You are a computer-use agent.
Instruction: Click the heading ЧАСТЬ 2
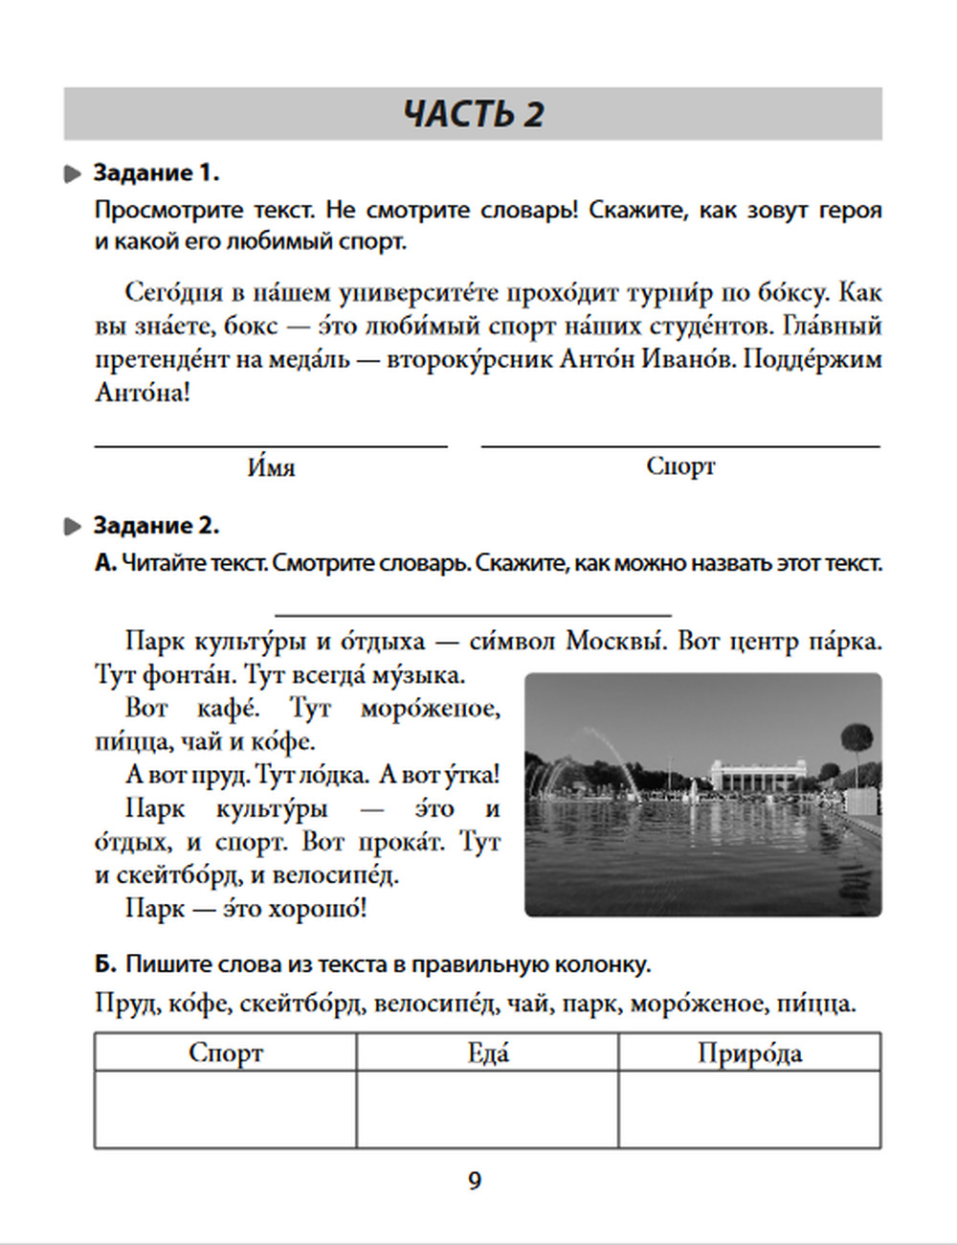[x=473, y=114]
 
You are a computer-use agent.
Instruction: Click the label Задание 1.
[x=156, y=173]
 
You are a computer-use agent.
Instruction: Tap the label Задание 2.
[x=156, y=526]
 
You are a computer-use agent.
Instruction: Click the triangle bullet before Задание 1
[x=73, y=174]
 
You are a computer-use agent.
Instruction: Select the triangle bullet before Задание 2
[x=73, y=527]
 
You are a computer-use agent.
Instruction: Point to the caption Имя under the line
[x=271, y=467]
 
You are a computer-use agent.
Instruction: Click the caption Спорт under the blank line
[x=680, y=466]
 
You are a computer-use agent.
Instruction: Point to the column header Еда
[x=487, y=1053]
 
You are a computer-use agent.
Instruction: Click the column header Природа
[x=749, y=1053]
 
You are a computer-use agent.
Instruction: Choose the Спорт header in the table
[x=226, y=1053]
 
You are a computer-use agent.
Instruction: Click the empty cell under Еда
[x=487, y=1109]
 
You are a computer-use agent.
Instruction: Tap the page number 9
[x=475, y=1181]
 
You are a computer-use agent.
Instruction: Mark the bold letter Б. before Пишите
[x=105, y=964]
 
